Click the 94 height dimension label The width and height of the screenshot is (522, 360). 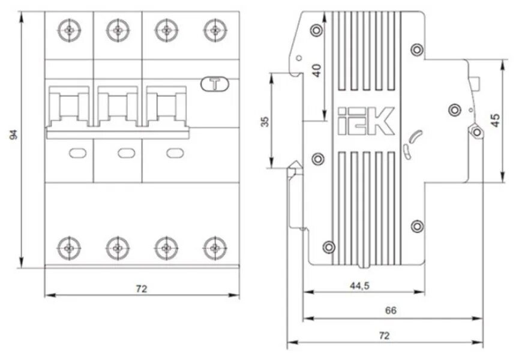(13, 134)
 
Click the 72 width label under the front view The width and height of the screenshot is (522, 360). (142, 289)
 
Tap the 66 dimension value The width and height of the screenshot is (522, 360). (391, 311)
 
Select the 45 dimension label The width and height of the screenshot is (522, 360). (495, 119)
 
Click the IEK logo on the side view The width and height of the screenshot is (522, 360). (365, 121)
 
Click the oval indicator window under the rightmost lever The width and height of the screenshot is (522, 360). (173, 153)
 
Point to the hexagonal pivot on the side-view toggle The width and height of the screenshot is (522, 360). (476, 130)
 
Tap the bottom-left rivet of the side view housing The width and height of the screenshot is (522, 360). (328, 247)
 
